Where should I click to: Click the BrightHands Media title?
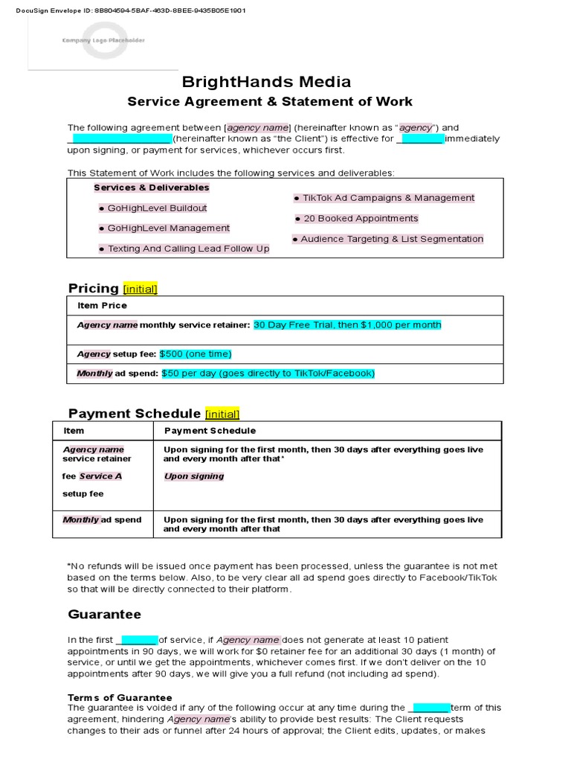(266, 82)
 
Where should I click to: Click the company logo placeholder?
(103, 40)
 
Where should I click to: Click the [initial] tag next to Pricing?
(140, 289)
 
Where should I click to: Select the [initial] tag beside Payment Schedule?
(222, 414)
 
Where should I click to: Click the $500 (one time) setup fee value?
(196, 354)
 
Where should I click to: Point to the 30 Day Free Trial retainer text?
(347, 325)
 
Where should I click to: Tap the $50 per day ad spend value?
(268, 374)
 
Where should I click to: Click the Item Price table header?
(102, 306)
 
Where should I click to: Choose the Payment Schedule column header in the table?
(210, 431)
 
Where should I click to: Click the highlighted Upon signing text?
(193, 476)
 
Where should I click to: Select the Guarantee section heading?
(105, 615)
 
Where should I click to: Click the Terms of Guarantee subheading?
(120, 698)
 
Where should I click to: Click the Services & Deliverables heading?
(152, 188)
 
